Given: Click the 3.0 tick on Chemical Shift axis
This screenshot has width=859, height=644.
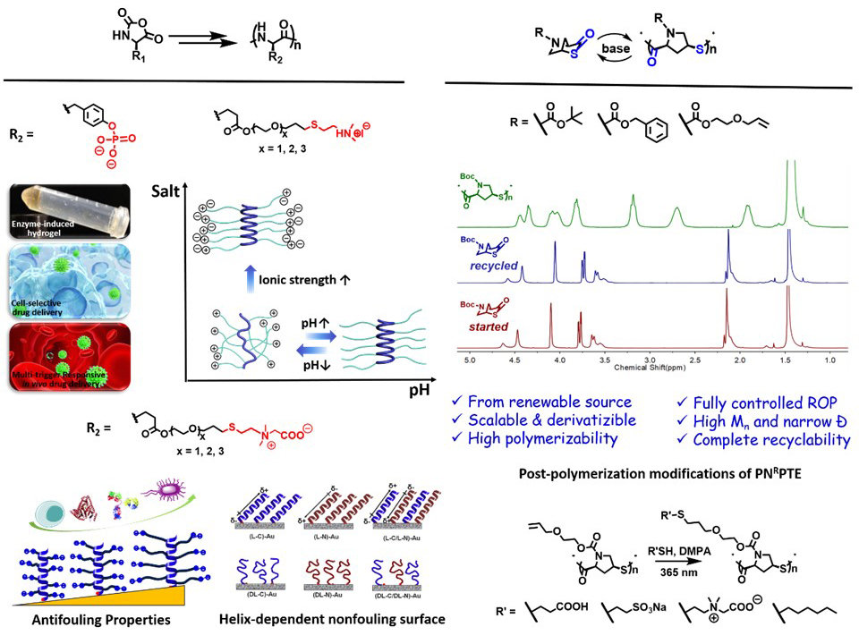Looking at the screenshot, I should pyautogui.click(x=649, y=359).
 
